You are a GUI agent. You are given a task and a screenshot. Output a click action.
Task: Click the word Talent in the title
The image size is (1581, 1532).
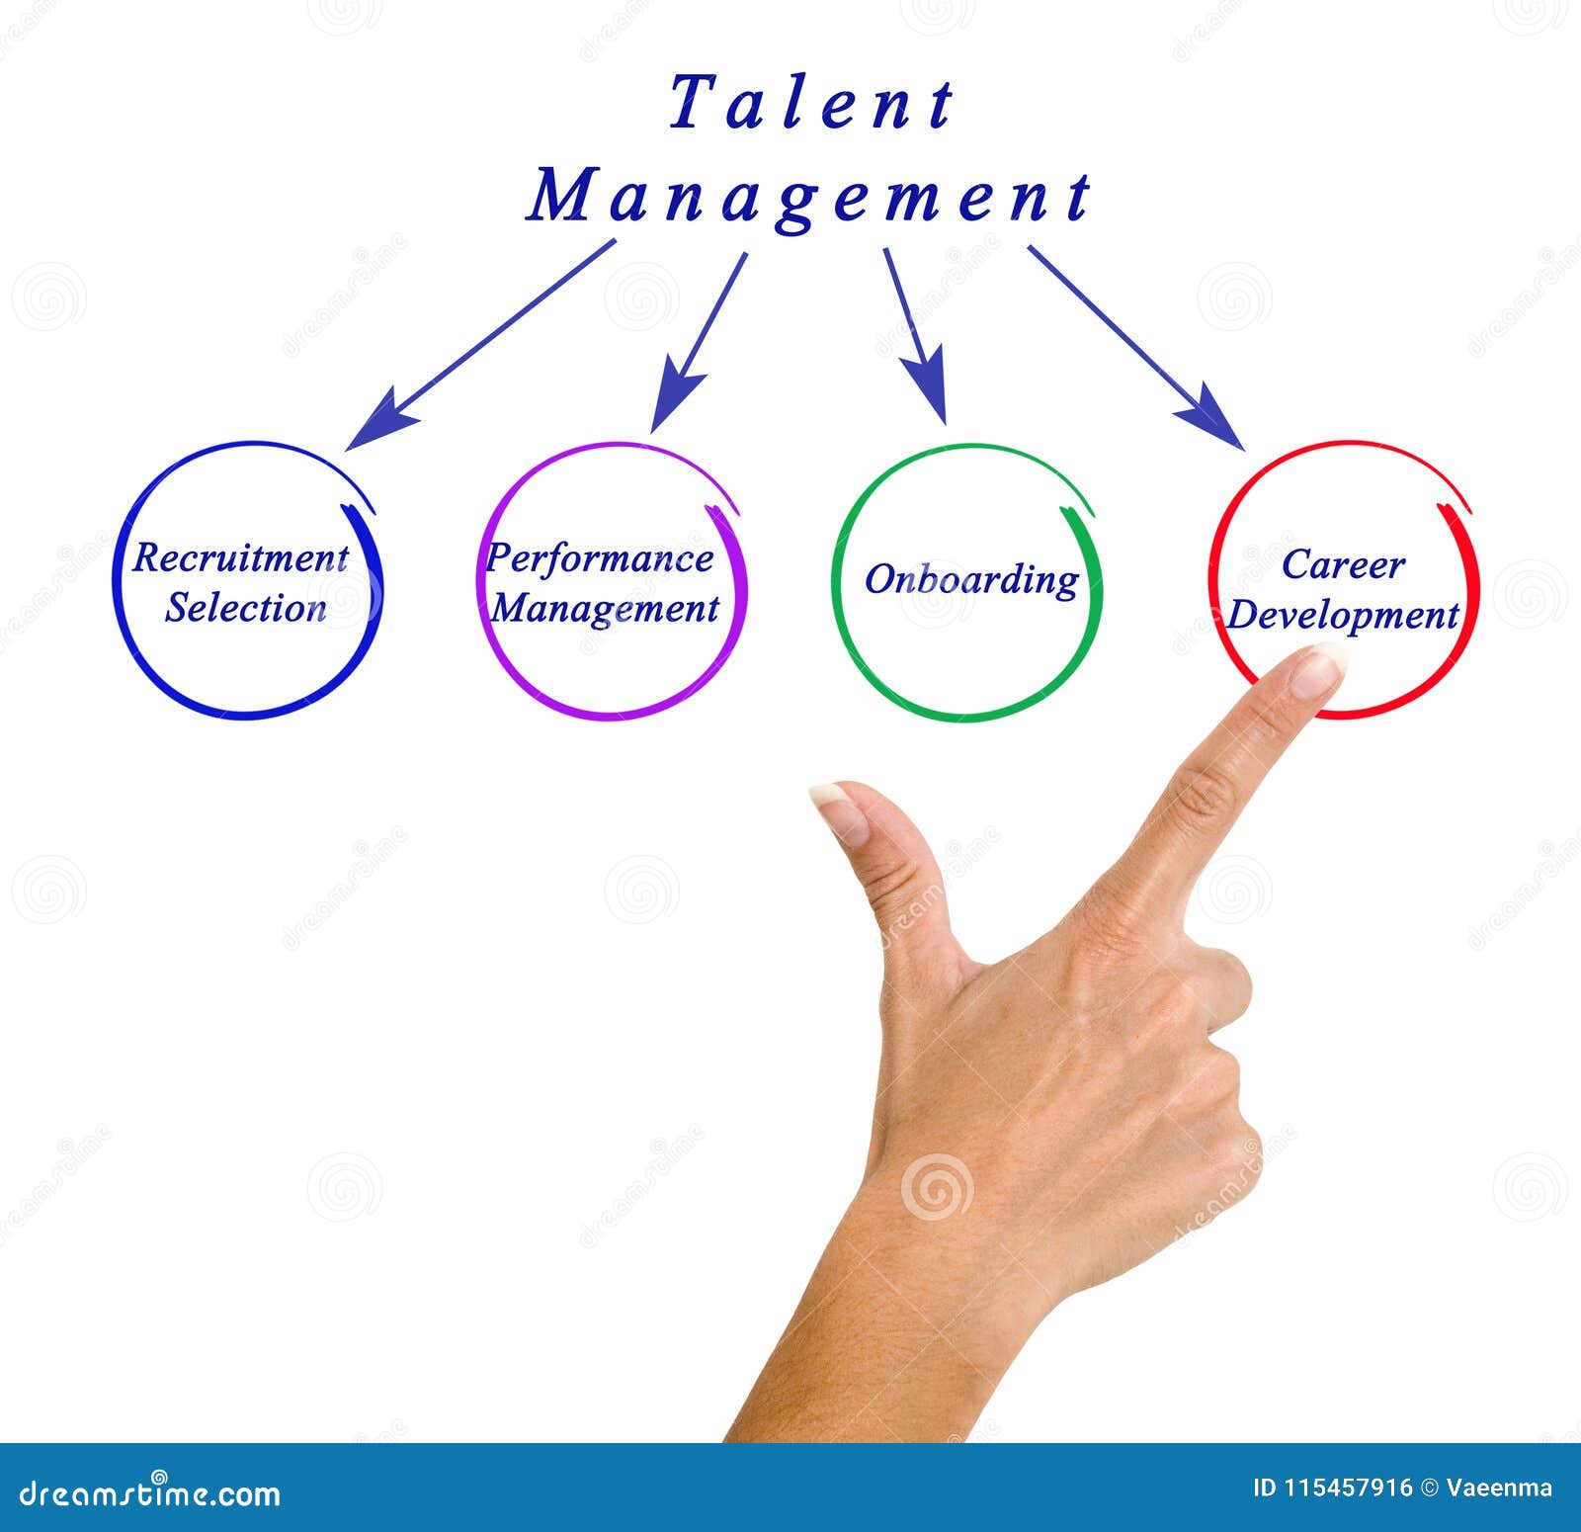pyautogui.click(x=810, y=104)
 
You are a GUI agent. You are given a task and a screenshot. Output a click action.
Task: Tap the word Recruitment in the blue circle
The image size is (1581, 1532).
pyautogui.click(x=240, y=558)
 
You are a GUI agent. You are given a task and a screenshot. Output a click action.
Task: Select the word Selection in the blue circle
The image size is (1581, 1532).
pyautogui.click(x=246, y=608)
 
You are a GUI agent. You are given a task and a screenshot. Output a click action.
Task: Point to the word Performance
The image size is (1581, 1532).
pyautogui.click(x=600, y=558)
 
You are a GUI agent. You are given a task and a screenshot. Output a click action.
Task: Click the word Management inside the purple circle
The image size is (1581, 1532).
pyautogui.click(x=605, y=608)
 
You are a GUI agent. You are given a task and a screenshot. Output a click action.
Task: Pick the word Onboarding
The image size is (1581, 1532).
pyautogui.click(x=971, y=580)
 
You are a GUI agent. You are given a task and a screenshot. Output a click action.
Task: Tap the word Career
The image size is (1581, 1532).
pyautogui.click(x=1343, y=565)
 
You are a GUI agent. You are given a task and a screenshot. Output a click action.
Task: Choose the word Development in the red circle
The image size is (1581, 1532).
pyautogui.click(x=1343, y=615)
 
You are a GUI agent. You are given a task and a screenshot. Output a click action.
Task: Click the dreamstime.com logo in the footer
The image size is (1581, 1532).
pyautogui.click(x=150, y=1492)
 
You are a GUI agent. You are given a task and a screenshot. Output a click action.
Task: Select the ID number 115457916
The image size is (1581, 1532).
pyautogui.click(x=1348, y=1489)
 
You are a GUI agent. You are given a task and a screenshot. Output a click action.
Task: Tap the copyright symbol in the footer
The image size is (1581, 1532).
pyautogui.click(x=1429, y=1489)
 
